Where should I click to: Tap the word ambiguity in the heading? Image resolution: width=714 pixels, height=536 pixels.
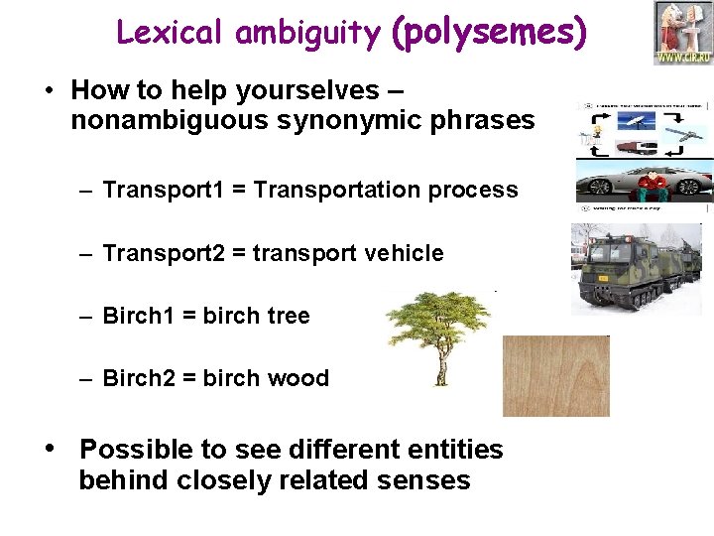click(307, 34)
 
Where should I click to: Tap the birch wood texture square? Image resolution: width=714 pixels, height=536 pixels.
click(555, 375)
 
